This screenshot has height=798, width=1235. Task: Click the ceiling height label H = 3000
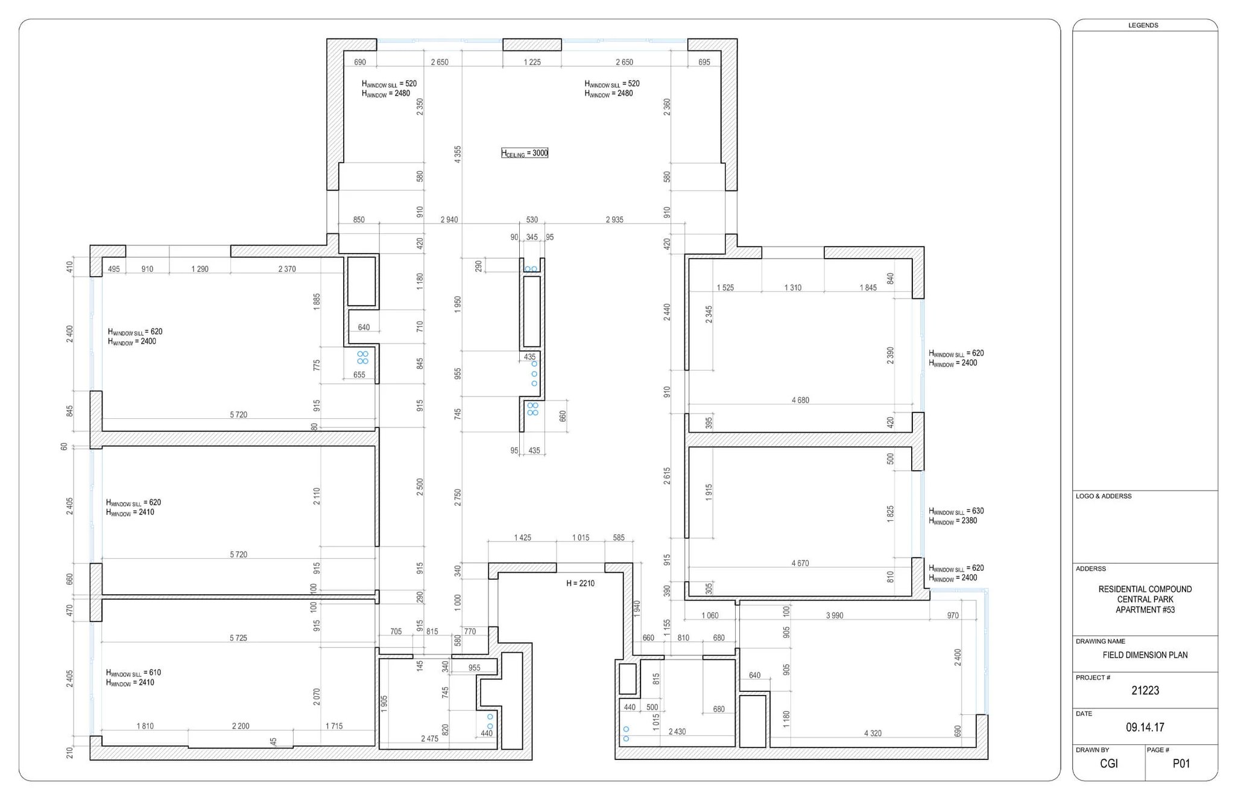pyautogui.click(x=525, y=153)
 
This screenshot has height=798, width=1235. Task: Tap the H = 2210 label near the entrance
pyautogui.click(x=580, y=583)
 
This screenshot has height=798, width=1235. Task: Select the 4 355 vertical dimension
pyautogui.click(x=458, y=154)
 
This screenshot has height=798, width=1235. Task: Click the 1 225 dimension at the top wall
pyautogui.click(x=532, y=62)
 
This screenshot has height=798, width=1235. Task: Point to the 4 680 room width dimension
pyautogui.click(x=800, y=400)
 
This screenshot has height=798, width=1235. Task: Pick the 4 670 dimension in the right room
pyautogui.click(x=800, y=564)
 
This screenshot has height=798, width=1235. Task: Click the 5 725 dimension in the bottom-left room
pyautogui.click(x=238, y=638)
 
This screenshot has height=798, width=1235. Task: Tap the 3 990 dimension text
pyautogui.click(x=835, y=615)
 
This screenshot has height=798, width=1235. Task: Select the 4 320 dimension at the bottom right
pyautogui.click(x=873, y=734)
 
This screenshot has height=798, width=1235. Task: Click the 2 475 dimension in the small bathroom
pyautogui.click(x=429, y=738)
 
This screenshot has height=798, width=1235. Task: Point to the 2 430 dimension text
pyautogui.click(x=677, y=732)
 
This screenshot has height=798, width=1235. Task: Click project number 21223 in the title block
pyautogui.click(x=1145, y=691)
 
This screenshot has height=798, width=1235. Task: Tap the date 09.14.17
pyautogui.click(x=1145, y=727)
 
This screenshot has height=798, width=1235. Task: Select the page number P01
pyautogui.click(x=1181, y=764)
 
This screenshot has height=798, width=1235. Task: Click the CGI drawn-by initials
pyautogui.click(x=1108, y=764)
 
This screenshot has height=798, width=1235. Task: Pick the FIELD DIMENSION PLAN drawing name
pyautogui.click(x=1145, y=655)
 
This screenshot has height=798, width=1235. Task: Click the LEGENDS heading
pyautogui.click(x=1143, y=25)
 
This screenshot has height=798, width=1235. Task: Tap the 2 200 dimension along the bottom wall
pyautogui.click(x=241, y=726)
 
